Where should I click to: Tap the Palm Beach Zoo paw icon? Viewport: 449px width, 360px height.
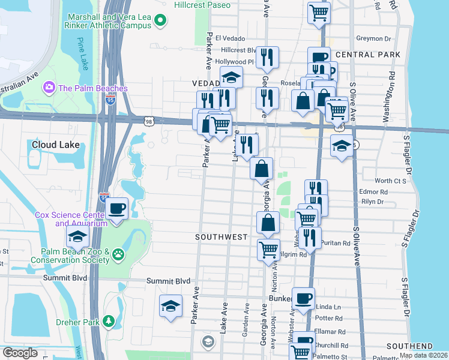click(119, 254)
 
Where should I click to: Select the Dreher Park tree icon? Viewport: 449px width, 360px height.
click(109, 322)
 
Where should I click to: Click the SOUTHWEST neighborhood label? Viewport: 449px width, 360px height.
click(221, 237)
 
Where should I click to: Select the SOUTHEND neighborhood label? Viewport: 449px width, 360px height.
click(409, 346)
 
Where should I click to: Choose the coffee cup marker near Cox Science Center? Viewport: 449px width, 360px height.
click(117, 209)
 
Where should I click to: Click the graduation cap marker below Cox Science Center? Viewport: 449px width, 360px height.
click(77, 238)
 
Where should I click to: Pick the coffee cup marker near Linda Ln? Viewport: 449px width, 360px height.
click(303, 298)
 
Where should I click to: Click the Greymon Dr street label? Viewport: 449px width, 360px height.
click(373, 38)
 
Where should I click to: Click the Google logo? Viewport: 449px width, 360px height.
click(20, 352)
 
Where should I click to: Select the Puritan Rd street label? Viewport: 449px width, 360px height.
click(336, 244)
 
